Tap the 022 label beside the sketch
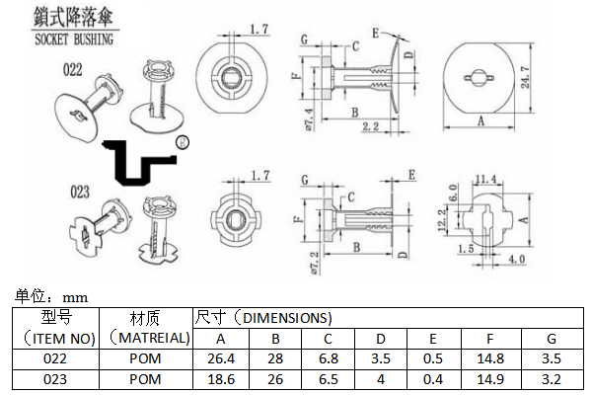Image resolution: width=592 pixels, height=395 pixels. coord(73,70)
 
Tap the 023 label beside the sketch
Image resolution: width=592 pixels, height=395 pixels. coord(81,191)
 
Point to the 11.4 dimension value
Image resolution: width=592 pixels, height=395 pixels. coord(486,179)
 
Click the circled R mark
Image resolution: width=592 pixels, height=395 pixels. coord(182,143)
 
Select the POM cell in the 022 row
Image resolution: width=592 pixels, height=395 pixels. coord(145,358)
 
